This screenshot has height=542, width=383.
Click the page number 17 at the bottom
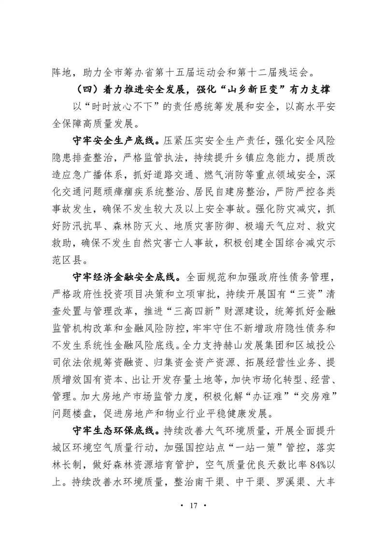coord(192,506)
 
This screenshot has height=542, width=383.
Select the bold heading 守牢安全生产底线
coord(113,142)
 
